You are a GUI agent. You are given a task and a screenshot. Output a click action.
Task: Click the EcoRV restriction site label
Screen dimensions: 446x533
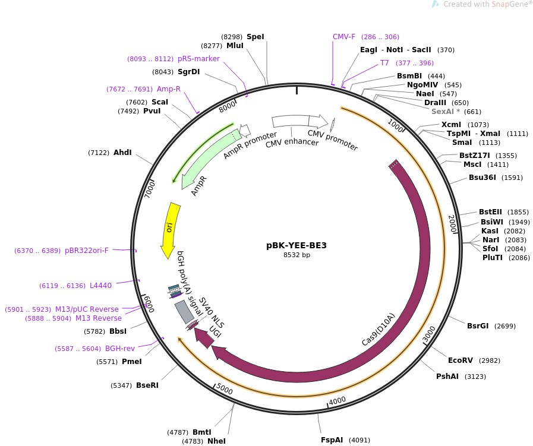[461, 360]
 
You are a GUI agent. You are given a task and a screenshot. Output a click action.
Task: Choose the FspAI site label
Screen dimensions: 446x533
[332, 440]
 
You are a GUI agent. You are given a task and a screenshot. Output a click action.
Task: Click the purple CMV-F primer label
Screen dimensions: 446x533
[344, 36]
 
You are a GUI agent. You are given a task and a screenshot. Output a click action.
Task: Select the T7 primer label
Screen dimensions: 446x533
[384, 62]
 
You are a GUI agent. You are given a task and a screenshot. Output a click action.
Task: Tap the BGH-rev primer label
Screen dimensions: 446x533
[120, 348]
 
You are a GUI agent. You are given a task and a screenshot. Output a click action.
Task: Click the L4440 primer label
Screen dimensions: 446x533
[100, 286]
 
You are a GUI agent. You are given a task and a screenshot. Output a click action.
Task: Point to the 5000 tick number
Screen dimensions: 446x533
[225, 389]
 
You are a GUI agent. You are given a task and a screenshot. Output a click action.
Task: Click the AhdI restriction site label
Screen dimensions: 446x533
[122, 153]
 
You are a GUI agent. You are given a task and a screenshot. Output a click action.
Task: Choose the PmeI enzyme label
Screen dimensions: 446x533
[131, 361]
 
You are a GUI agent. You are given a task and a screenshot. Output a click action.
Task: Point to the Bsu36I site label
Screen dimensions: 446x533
[482, 177]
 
